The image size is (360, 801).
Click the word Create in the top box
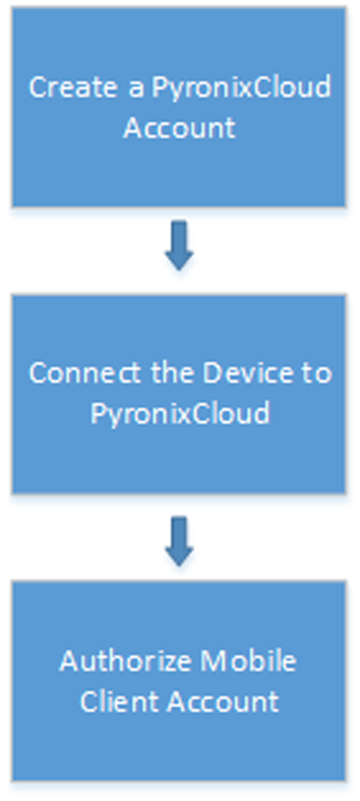click(73, 87)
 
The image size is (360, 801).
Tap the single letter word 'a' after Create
click(136, 89)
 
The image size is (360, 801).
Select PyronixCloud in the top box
click(241, 88)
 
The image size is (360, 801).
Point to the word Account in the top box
click(180, 127)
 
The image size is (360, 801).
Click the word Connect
click(85, 373)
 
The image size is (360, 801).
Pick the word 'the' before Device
click(171, 372)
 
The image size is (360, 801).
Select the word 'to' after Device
click(317, 374)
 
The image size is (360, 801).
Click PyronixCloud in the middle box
click(180, 414)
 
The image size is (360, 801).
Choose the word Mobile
click(248, 661)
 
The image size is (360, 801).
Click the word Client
click(118, 702)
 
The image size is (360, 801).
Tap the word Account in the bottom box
click(223, 702)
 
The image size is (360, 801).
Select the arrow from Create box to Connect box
click(180, 245)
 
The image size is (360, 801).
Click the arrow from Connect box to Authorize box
click(180, 541)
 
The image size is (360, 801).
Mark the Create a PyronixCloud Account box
click(179, 107)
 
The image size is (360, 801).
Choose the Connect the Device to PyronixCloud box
click(179, 394)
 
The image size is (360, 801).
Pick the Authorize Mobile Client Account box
click(179, 681)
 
